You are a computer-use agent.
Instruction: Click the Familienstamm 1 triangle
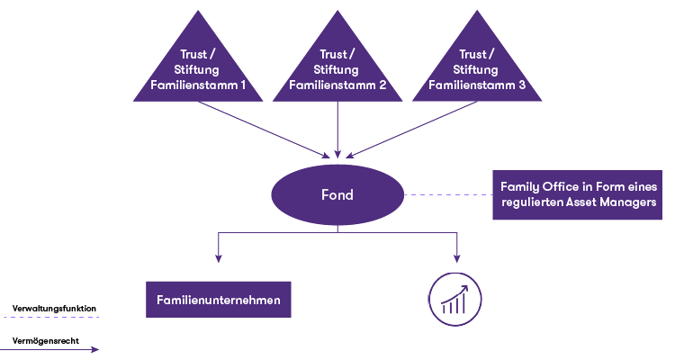pyautogui.click(x=198, y=69)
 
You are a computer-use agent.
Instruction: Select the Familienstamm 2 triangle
pyautogui.click(x=337, y=69)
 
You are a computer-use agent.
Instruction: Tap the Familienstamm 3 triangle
pyautogui.click(x=477, y=69)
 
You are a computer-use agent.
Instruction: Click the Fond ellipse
pyautogui.click(x=337, y=194)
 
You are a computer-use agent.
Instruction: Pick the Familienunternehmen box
pyautogui.click(x=219, y=300)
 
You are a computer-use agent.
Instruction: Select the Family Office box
pyautogui.click(x=577, y=194)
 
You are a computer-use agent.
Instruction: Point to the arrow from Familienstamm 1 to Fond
pyautogui.click(x=264, y=130)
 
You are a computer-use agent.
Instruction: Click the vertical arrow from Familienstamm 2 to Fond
pyautogui.click(x=337, y=130)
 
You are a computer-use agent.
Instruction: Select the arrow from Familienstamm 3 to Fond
pyautogui.click(x=411, y=130)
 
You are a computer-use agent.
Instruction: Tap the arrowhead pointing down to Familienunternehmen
pyautogui.click(x=219, y=258)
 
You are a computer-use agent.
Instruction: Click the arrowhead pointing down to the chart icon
pyautogui.click(x=456, y=258)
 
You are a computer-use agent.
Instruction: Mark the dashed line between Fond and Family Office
pyautogui.click(x=448, y=194)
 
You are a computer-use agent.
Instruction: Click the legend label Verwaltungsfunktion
pyautogui.click(x=54, y=309)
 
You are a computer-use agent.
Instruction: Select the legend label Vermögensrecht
pyautogui.click(x=46, y=341)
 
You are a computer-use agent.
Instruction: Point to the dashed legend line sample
pyautogui.click(x=50, y=318)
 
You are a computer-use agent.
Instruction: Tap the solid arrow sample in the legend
pyautogui.click(x=49, y=350)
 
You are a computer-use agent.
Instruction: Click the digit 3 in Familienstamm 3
pyautogui.click(x=522, y=85)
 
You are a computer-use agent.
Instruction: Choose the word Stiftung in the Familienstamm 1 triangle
pyautogui.click(x=196, y=70)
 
